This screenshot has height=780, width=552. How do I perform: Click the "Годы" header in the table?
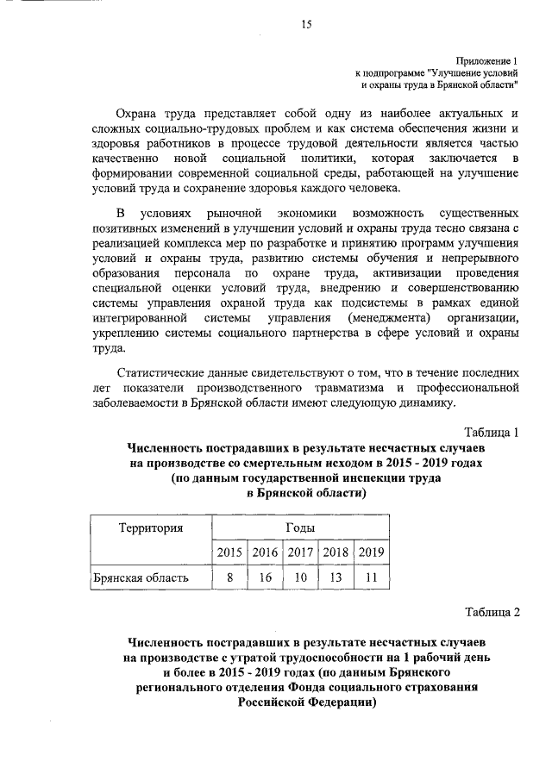click(299, 527)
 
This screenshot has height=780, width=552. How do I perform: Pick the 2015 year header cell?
click(229, 552)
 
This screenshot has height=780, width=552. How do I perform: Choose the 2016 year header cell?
click(265, 552)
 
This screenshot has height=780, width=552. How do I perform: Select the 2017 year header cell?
click(300, 552)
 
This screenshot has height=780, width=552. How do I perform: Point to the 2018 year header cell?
click(336, 552)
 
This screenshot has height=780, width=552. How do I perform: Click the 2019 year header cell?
click(371, 552)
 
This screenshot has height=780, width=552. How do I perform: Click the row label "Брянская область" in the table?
click(141, 577)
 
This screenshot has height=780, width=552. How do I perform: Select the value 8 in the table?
click(229, 577)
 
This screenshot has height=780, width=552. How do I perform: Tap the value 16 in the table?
click(265, 577)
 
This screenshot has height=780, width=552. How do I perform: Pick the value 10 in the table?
click(300, 577)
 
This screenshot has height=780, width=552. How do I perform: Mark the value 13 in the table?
click(336, 577)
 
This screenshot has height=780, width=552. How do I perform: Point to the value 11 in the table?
click(371, 577)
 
